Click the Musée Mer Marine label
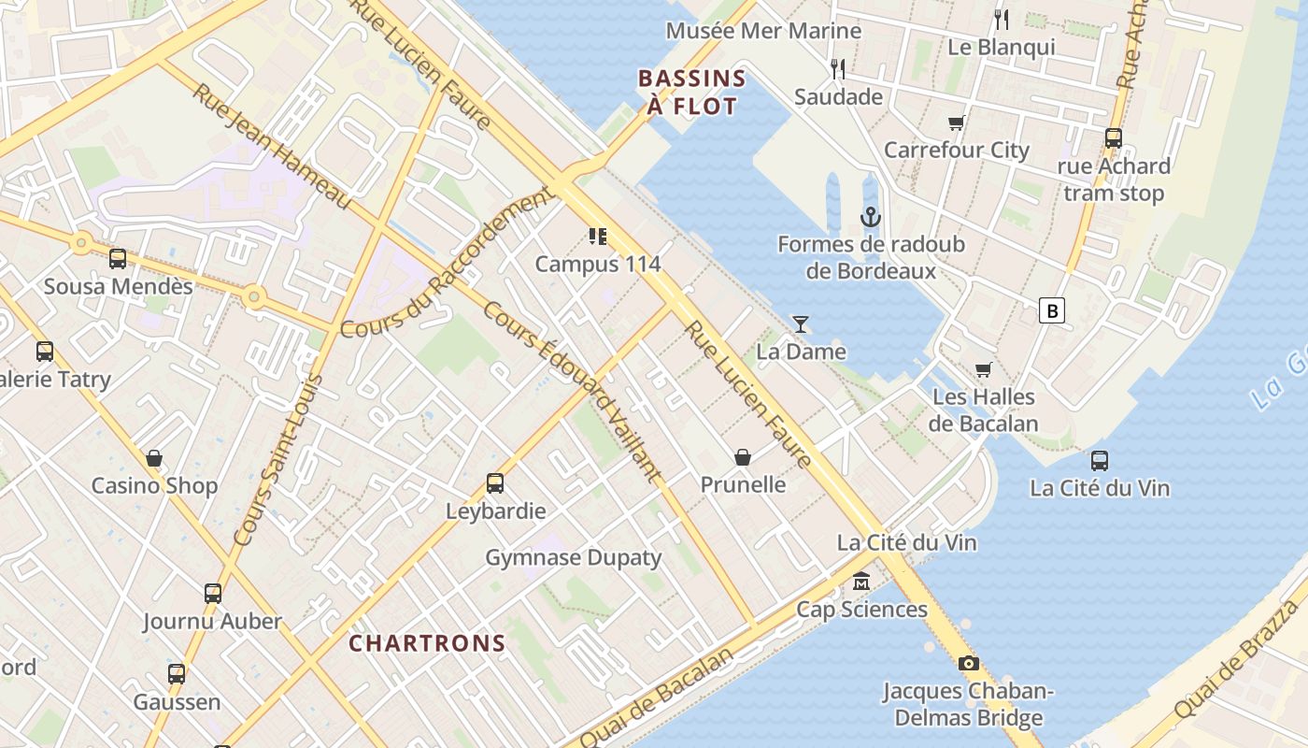pyautogui.click(x=763, y=31)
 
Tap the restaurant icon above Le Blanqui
pyautogui.click(x=1002, y=19)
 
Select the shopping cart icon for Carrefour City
pyautogui.click(x=956, y=122)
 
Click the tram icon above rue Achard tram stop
pyautogui.click(x=1113, y=138)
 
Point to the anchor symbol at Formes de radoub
pyautogui.click(x=871, y=217)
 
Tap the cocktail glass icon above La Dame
pyautogui.click(x=801, y=324)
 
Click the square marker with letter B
pyautogui.click(x=1052, y=310)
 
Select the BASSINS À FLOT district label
pyautogui.click(x=692, y=92)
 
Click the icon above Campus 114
pyautogui.click(x=597, y=237)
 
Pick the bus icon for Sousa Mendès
pyautogui.click(x=118, y=259)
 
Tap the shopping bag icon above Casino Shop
pyautogui.click(x=154, y=458)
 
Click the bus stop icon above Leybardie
pyautogui.click(x=495, y=483)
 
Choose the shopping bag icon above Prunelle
pyautogui.click(x=743, y=457)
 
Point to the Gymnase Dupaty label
pyautogui.click(x=574, y=558)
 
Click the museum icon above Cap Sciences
pyautogui.click(x=860, y=583)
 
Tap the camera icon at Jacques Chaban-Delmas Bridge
pyautogui.click(x=969, y=664)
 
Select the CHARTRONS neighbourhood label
pyautogui.click(x=427, y=643)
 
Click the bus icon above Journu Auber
pyautogui.click(x=213, y=593)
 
